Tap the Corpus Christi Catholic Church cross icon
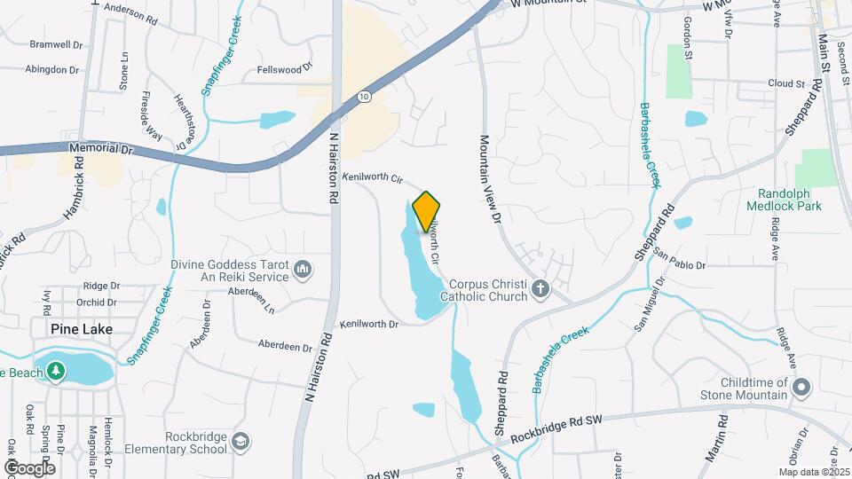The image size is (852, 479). pos(540,288)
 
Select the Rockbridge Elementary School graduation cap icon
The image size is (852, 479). pos(241,441)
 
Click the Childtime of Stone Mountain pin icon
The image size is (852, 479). pos(801,387)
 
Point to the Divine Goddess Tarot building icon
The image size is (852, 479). pos(303,269)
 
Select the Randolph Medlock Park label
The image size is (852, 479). pos(790,200)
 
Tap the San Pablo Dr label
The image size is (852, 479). pos(679,264)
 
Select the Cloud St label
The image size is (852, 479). pos(785,83)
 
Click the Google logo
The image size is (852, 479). pos(28,467)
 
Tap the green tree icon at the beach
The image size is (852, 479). pos(57,371)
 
